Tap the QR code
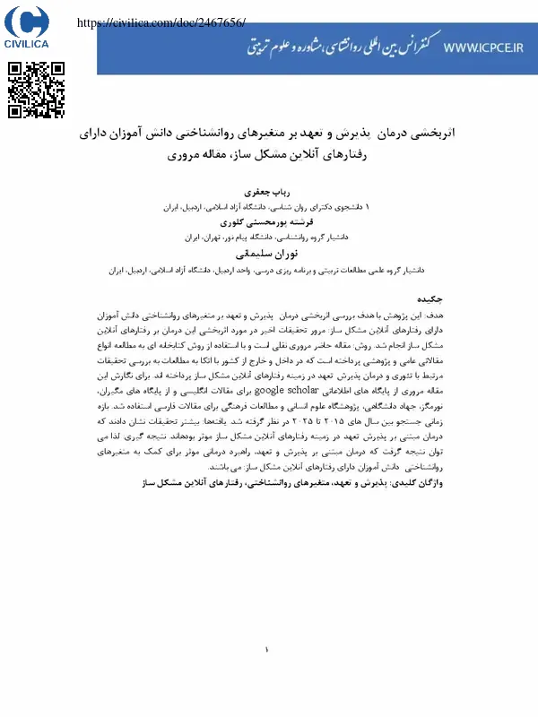tap(37, 91)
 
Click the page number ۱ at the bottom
tap(266, 651)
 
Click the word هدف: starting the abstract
tap(433, 316)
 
